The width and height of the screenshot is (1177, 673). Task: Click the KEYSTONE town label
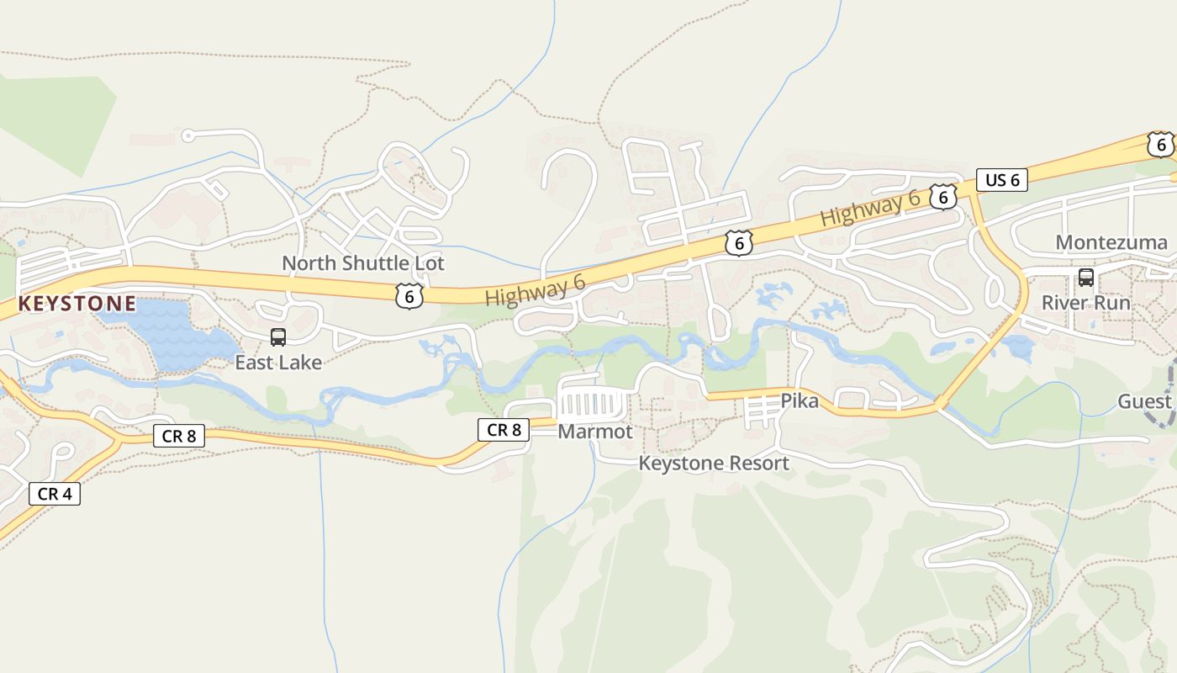click(77, 304)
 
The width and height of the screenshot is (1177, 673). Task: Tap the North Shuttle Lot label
click(363, 263)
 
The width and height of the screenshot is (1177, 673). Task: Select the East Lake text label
click(278, 363)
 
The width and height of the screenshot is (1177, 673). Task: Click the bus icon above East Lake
click(278, 337)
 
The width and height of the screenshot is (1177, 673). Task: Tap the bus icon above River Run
click(1086, 277)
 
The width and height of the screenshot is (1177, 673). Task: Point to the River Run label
click(1086, 302)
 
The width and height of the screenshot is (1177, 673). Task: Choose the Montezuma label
click(1111, 243)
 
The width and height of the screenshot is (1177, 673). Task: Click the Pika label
click(800, 401)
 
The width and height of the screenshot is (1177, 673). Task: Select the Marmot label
click(595, 432)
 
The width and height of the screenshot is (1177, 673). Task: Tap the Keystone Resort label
click(714, 463)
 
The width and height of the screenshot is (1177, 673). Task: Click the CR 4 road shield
click(55, 494)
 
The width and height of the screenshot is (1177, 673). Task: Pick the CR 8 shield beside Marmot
click(504, 430)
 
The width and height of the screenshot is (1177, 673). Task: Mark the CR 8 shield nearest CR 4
click(179, 436)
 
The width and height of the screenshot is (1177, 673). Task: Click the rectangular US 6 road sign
click(1002, 179)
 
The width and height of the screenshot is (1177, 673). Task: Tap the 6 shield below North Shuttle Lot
click(409, 295)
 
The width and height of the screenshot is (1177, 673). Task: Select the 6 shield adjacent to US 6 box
click(944, 197)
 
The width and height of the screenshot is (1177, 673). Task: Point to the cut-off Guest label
click(1144, 401)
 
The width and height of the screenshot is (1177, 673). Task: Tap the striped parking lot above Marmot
click(594, 405)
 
